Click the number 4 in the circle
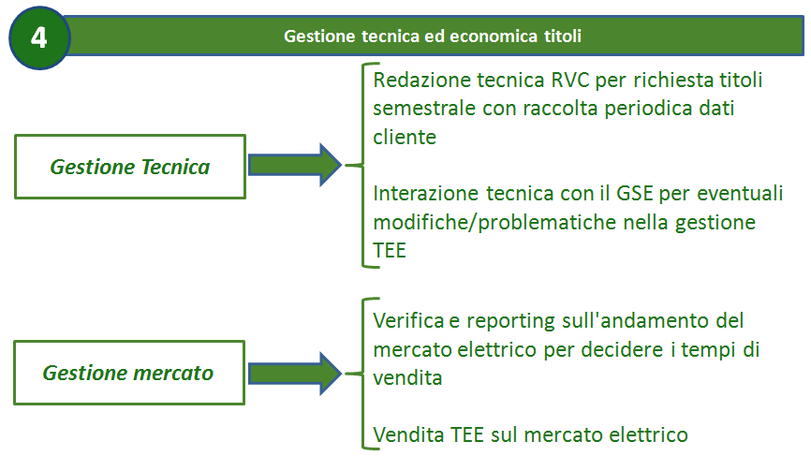[38, 37]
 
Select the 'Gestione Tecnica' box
[130, 167]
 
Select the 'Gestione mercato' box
[129, 373]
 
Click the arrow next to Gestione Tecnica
[295, 165]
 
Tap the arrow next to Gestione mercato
[295, 374]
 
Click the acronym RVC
[570, 81]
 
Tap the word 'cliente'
[405, 138]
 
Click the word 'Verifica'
[408, 321]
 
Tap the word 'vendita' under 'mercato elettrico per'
[407, 378]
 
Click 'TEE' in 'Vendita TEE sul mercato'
[467, 434]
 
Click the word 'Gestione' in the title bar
[319, 37]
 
